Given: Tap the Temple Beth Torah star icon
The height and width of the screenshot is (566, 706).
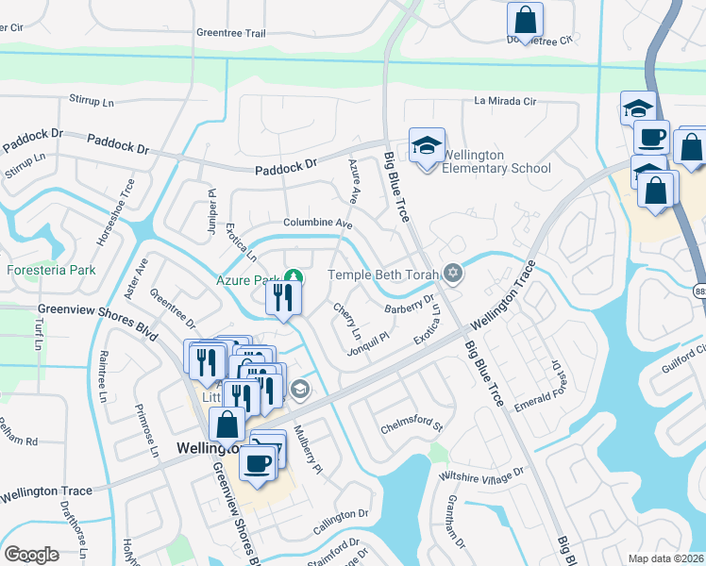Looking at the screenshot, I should pyautogui.click(x=453, y=274).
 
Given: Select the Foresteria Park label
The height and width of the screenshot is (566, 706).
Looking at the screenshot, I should pyautogui.click(x=52, y=271).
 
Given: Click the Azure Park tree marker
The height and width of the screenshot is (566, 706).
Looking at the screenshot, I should pyautogui.click(x=294, y=276).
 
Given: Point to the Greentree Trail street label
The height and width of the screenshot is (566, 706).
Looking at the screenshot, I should pyautogui.click(x=231, y=32).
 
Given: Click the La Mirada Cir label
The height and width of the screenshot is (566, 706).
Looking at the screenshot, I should pyautogui.click(x=505, y=101).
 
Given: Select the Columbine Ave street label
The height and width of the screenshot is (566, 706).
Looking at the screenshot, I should pyautogui.click(x=318, y=224).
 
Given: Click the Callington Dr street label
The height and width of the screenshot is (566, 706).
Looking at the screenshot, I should pyautogui.click(x=341, y=520).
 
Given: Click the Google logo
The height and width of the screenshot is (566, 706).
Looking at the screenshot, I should pyautogui.click(x=32, y=554).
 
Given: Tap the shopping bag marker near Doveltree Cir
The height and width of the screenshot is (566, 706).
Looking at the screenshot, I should pyautogui.click(x=525, y=19).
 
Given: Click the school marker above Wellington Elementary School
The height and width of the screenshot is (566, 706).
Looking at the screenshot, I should pyautogui.click(x=428, y=145).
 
